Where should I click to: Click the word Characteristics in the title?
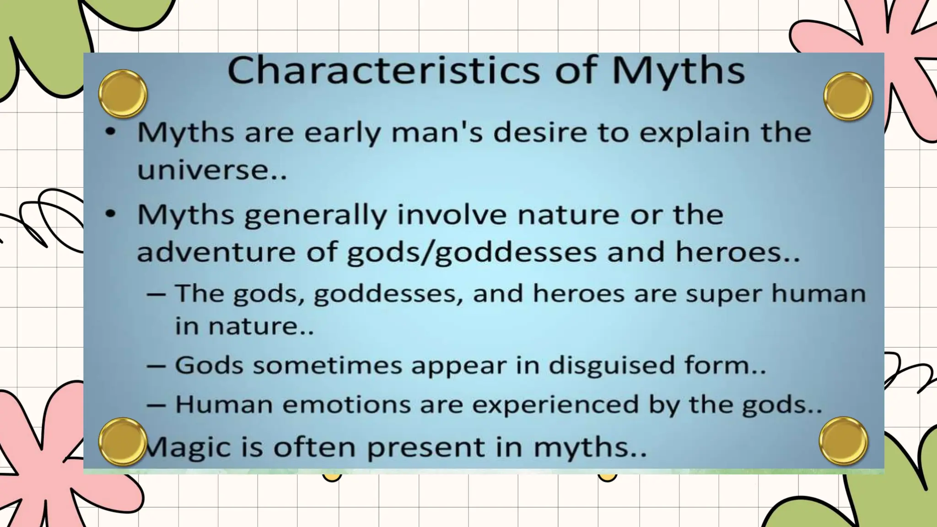(x=384, y=71)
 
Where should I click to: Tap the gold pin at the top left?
(x=123, y=94)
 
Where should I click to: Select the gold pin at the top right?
(x=848, y=97)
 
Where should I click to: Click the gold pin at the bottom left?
(x=123, y=441)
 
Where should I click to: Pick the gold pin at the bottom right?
(x=843, y=441)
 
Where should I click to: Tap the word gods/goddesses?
(x=472, y=253)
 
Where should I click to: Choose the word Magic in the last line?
(x=188, y=447)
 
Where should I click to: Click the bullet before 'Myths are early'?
(x=110, y=132)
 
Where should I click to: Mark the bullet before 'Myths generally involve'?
(x=110, y=214)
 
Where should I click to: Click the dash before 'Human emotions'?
(x=156, y=405)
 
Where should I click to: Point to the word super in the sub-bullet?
(x=723, y=294)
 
